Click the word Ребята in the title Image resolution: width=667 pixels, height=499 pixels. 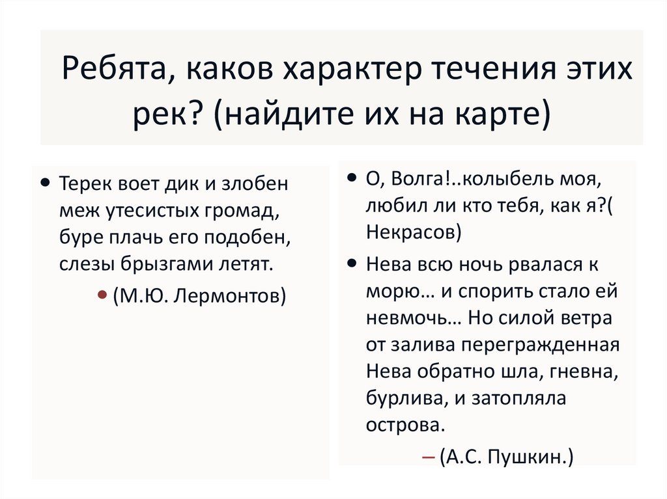click(x=114, y=68)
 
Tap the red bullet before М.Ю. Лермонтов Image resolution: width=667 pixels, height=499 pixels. click(x=102, y=294)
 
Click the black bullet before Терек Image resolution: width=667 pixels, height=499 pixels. click(x=45, y=183)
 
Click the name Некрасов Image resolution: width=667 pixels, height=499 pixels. click(x=411, y=232)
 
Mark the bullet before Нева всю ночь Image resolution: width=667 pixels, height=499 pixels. click(x=351, y=263)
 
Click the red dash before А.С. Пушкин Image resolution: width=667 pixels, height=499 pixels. click(x=429, y=458)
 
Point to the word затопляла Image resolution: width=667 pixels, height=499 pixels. click(x=519, y=399)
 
